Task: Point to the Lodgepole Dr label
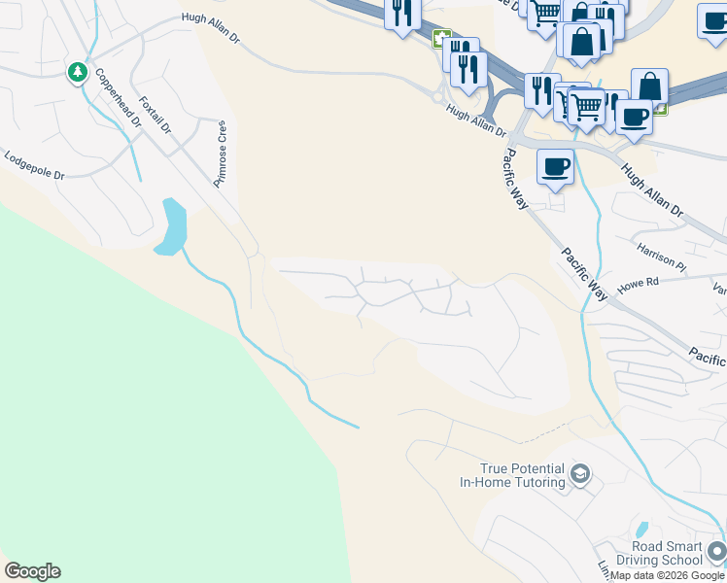34,164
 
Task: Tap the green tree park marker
78,72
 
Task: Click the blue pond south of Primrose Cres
173,226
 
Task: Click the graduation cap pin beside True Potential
581,474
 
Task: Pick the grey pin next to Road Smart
717,552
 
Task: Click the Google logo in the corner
32,571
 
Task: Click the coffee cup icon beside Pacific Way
555,166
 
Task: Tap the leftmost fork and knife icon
401,14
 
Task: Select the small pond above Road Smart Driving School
640,531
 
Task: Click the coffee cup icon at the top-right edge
713,20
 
